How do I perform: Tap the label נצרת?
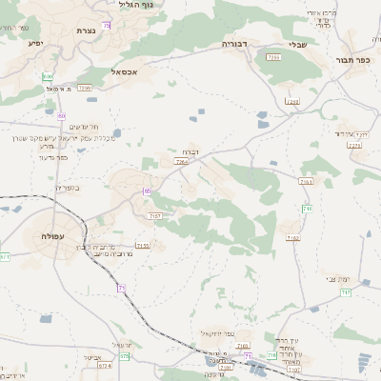[x=85, y=30]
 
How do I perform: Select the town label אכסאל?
[x=125, y=71]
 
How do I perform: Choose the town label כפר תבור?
[x=352, y=60]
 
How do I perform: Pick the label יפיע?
[x=35, y=43]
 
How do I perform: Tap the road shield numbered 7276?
[x=354, y=146]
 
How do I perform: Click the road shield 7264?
[x=181, y=163]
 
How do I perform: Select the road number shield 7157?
[x=155, y=216]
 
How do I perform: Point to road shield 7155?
[x=143, y=245]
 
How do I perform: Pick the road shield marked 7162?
[x=291, y=238]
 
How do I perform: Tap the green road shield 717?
[x=308, y=208]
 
